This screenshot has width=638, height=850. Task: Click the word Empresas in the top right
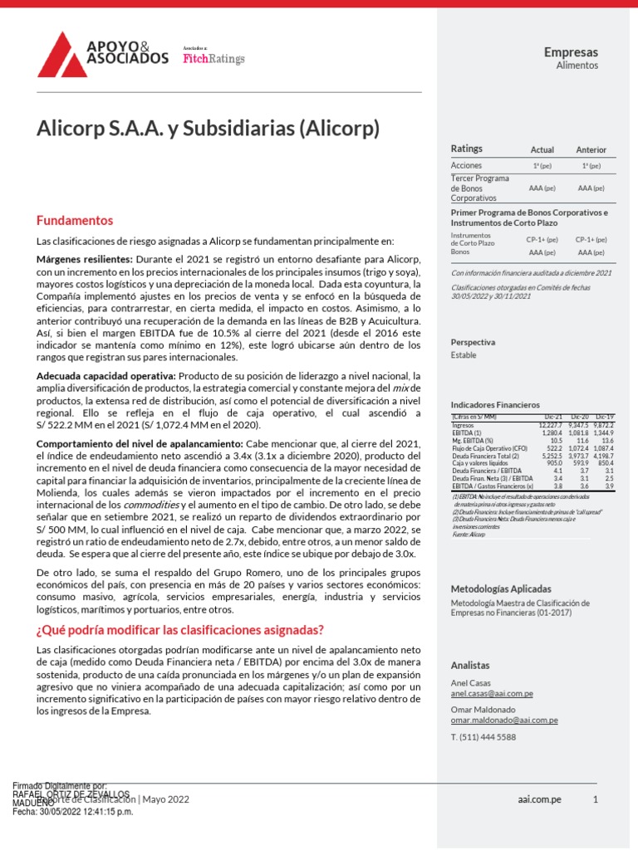571,52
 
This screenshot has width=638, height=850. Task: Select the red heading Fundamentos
74,221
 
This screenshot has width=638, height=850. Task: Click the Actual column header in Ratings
542,149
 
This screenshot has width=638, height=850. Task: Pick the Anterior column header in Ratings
591,149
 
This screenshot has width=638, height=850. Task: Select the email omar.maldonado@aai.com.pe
504,721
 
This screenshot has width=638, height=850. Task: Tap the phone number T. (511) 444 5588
483,736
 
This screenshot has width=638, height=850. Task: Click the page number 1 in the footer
595,799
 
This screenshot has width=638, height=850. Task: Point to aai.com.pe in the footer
538,799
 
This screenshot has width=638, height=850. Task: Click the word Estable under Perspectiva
464,354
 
